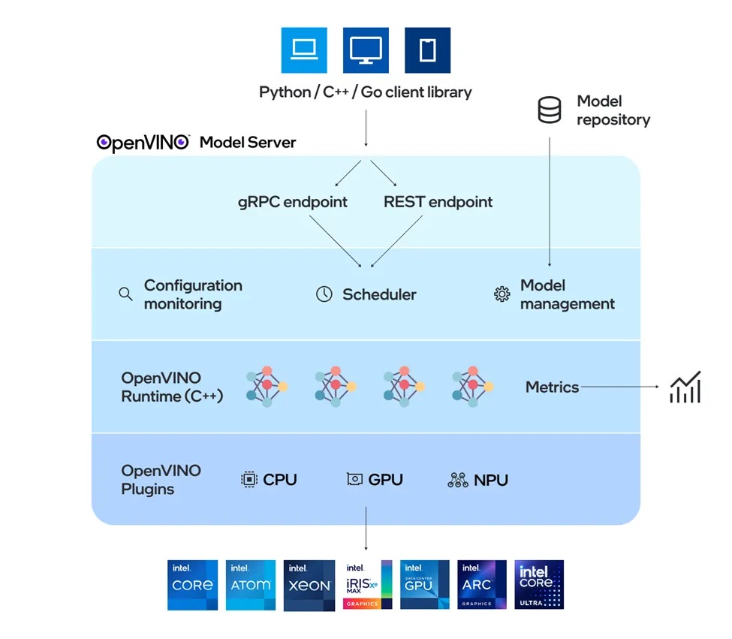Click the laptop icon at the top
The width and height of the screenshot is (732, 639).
pos(304,50)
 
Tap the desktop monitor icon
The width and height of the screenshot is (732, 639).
pos(366,50)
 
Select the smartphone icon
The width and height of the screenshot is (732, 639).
pos(427,50)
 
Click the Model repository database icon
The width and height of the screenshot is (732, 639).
pos(550,110)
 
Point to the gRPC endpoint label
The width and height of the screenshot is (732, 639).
pos(294,202)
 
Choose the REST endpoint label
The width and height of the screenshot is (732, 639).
pos(438,202)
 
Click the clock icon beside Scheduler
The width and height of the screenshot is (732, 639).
pos(324,294)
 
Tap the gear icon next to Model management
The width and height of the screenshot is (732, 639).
pos(502,294)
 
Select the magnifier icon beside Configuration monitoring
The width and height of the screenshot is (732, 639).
pos(125,294)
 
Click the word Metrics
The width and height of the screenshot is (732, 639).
pos(552,387)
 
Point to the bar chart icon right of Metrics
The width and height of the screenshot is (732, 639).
pos(685,387)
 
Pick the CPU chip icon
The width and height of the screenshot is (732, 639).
pos(249,480)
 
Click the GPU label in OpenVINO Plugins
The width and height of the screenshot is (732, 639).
pos(385,480)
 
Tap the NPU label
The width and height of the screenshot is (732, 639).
pos(490,480)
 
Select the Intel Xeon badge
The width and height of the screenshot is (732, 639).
pos(309,585)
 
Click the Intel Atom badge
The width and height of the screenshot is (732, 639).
pos(251,585)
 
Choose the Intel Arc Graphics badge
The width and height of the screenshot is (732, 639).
pos(482,585)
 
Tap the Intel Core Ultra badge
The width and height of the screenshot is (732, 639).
pos(539,585)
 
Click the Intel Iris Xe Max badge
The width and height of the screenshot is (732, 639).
pos(367,585)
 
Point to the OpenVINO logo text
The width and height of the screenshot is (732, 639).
pos(143,143)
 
